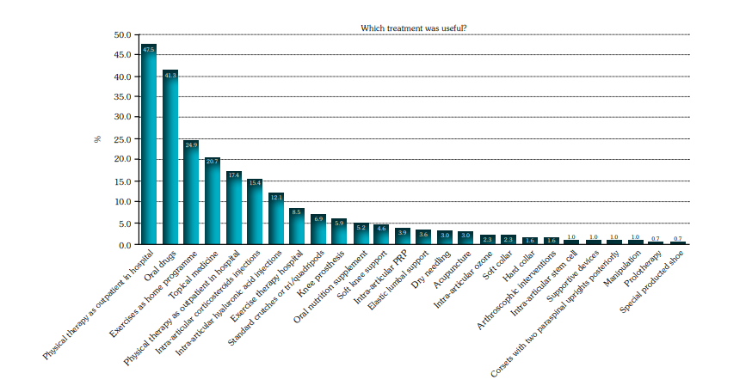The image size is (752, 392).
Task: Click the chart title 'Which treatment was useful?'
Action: [x=414, y=28]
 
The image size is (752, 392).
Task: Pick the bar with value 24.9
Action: [x=191, y=193]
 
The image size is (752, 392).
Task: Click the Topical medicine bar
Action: [x=213, y=201]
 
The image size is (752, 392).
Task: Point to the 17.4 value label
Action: [x=233, y=175]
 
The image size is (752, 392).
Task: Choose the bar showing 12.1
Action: [x=275, y=218]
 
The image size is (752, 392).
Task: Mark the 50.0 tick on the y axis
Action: [x=122, y=35]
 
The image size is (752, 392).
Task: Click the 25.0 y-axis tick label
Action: [x=122, y=139]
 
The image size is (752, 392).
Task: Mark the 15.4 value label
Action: [x=255, y=183]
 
